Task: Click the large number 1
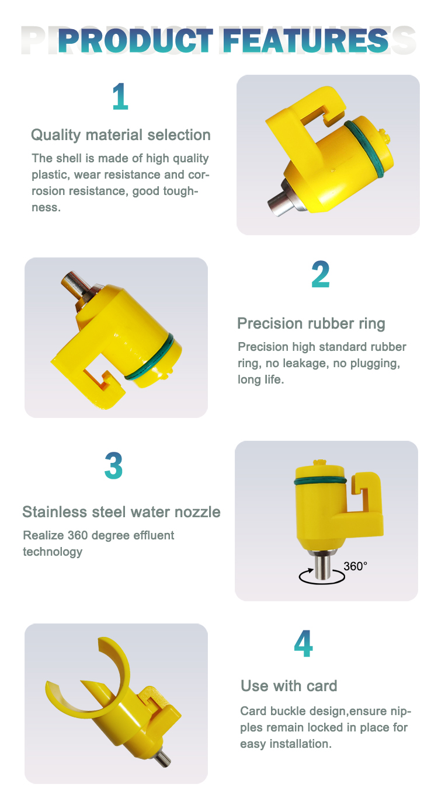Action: pyautogui.click(x=120, y=96)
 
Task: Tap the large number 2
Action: pyautogui.click(x=321, y=274)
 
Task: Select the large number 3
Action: pyautogui.click(x=114, y=466)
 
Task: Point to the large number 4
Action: pyautogui.click(x=303, y=643)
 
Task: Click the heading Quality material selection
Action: pyautogui.click(x=121, y=135)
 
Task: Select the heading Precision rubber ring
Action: pyautogui.click(x=311, y=323)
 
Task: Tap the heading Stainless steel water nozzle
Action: pyautogui.click(x=121, y=512)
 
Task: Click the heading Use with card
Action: pyautogui.click(x=289, y=686)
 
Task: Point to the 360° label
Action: pyautogui.click(x=355, y=566)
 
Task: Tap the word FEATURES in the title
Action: pyautogui.click(x=305, y=41)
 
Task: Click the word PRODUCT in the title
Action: pyautogui.click(x=136, y=41)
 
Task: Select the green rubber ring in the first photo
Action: pyautogui.click(x=364, y=149)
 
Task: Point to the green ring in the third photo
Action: pyautogui.click(x=320, y=481)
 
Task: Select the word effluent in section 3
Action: pyautogui.click(x=154, y=535)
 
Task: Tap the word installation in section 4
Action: pyautogui.click(x=301, y=744)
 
